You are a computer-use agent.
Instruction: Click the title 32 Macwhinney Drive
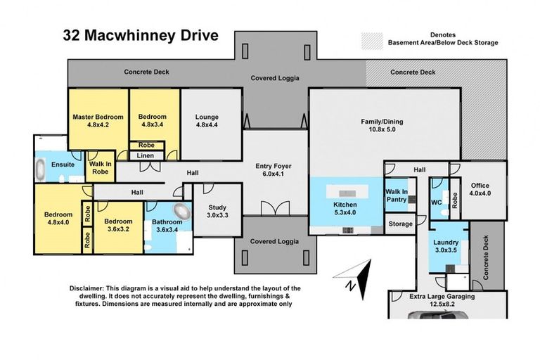[141, 36]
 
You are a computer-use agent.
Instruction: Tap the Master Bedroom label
[98, 121]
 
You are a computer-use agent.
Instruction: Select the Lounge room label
[207, 121]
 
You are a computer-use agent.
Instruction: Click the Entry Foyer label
[274, 170]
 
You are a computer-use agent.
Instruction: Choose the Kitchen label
[345, 209]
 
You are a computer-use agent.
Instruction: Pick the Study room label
[217, 211]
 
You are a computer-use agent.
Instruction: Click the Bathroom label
[167, 225]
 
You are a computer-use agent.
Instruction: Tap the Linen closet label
[147, 155]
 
